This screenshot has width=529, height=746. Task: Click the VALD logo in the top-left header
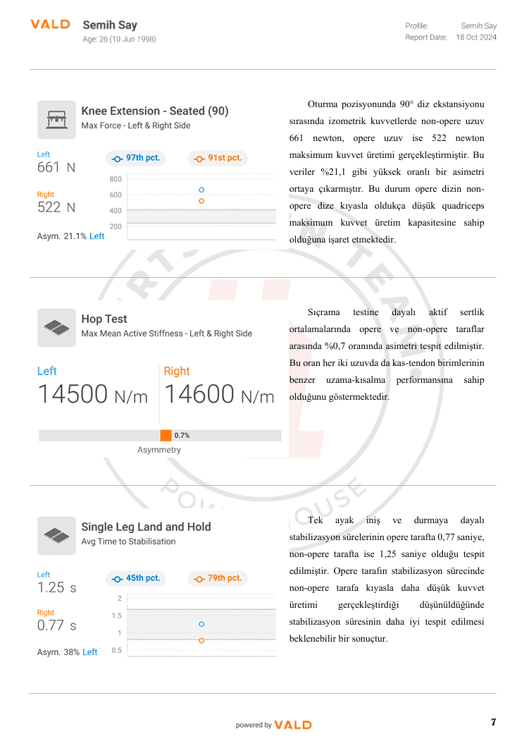[x=50, y=25]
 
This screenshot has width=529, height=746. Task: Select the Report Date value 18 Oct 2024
[x=476, y=37]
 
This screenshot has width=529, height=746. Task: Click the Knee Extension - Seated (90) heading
[x=155, y=111]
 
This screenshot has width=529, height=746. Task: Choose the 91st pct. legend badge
[x=218, y=159]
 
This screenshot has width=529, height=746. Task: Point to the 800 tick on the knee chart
[x=116, y=179]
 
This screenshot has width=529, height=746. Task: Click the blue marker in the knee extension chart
[x=201, y=190]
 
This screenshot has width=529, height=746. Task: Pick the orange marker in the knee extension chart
[x=201, y=201]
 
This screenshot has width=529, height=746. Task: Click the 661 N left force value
[x=56, y=168]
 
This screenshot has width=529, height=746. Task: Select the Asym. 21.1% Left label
[x=70, y=236]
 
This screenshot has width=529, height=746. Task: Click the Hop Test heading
[x=104, y=319]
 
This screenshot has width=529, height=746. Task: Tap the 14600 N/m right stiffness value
[x=219, y=393]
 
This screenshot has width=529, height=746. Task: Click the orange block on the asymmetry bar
[x=166, y=436]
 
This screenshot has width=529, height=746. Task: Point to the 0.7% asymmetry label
[x=182, y=436]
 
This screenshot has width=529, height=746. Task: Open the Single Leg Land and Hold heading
[x=146, y=527]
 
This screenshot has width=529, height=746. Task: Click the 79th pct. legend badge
[x=218, y=578]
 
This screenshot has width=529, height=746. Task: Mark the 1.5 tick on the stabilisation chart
[x=117, y=616]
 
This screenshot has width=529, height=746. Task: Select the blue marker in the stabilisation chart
[x=201, y=624]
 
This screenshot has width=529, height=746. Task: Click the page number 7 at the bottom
[x=493, y=722]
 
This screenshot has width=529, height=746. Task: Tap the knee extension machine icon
[x=56, y=120]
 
